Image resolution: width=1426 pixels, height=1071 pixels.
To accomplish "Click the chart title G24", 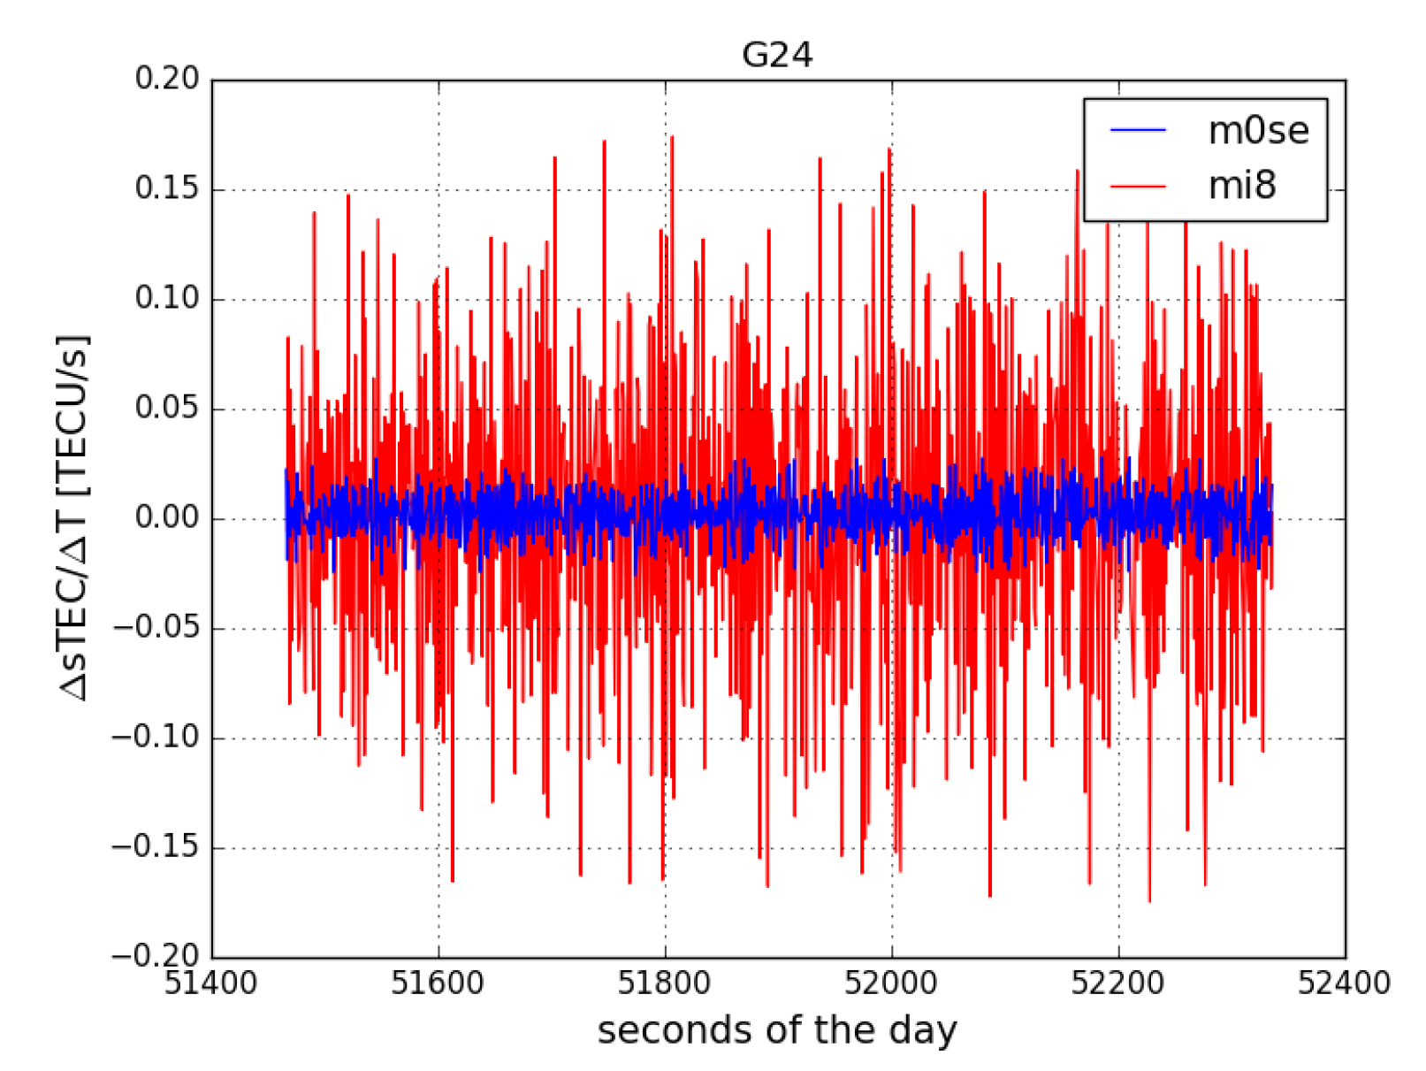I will pyautogui.click(x=776, y=55).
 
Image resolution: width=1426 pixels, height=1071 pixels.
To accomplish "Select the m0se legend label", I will pyautogui.click(x=1258, y=131).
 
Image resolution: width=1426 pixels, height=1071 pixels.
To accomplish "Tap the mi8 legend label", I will pyautogui.click(x=1242, y=186).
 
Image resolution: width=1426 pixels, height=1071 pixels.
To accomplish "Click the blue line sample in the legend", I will pyautogui.click(x=1138, y=131).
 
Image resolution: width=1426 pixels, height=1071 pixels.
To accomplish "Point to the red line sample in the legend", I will pyautogui.click(x=1138, y=186).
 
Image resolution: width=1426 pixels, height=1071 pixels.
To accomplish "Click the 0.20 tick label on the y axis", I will pyautogui.click(x=167, y=79).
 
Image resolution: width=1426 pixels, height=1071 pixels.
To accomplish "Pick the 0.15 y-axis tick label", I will pyautogui.click(x=167, y=188).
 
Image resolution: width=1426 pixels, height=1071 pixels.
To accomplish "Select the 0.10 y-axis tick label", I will pyautogui.click(x=167, y=298).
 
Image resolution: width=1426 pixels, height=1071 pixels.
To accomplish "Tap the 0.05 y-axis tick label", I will pyautogui.click(x=167, y=408).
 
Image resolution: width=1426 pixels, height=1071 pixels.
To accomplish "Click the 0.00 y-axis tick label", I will pyautogui.click(x=167, y=517).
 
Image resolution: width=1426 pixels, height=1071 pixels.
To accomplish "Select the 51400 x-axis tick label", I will pyautogui.click(x=211, y=983).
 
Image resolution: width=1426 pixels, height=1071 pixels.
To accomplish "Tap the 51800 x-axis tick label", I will pyautogui.click(x=665, y=983).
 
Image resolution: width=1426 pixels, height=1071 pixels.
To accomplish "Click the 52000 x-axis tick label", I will pyautogui.click(x=891, y=983).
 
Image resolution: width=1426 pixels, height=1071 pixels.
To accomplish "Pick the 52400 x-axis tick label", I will pyautogui.click(x=1344, y=983).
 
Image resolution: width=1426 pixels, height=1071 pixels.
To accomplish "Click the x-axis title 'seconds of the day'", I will pyautogui.click(x=777, y=1031).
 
